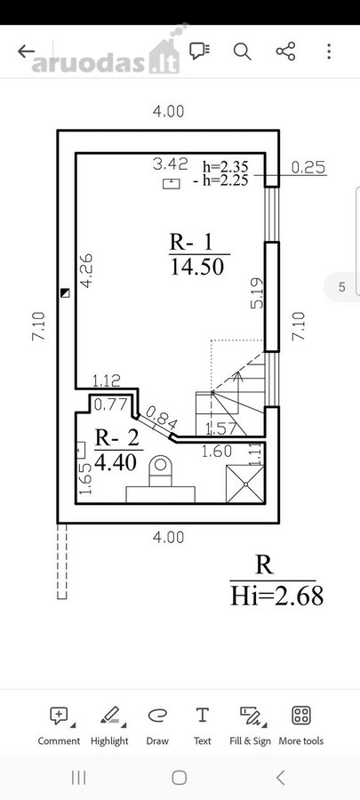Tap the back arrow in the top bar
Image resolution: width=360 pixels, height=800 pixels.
[x=26, y=51]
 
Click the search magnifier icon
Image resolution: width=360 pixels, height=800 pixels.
[x=242, y=51]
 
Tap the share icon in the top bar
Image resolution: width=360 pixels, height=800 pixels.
[x=285, y=51]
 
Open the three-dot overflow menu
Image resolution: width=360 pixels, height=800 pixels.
[x=329, y=51]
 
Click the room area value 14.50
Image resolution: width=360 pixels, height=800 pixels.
[x=196, y=267]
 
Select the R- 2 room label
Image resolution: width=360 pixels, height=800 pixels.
[x=116, y=437]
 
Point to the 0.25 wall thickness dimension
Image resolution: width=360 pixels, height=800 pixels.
[x=308, y=167]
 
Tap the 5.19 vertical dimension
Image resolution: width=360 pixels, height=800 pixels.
[x=258, y=292]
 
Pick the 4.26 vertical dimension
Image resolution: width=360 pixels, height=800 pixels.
[x=87, y=271]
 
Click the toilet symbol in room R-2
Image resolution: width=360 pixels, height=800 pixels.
[x=161, y=471]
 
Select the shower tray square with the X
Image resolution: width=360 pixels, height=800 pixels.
[x=245, y=484]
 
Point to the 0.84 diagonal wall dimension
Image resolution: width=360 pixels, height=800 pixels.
[x=162, y=418]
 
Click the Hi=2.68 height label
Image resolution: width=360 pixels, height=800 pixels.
[x=276, y=596]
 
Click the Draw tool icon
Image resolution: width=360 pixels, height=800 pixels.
[x=157, y=716]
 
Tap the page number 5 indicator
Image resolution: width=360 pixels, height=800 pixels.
[x=342, y=287]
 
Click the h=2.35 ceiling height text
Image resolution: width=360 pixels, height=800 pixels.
[x=226, y=166]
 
